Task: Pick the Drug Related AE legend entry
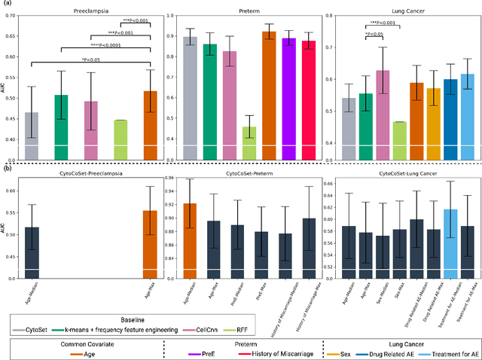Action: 392,349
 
